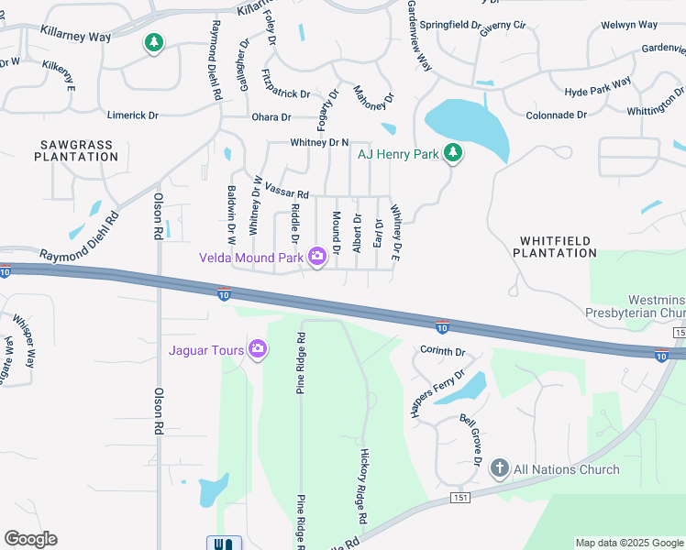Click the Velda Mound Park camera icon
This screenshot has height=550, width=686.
point(317,257)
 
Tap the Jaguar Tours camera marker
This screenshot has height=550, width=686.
point(258,349)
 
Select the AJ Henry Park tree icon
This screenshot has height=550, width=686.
point(452,153)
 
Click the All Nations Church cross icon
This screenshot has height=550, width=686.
point(500,469)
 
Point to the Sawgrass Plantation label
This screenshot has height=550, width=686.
point(77,150)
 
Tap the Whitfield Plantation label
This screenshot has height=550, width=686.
point(558,246)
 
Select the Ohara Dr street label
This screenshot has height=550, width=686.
point(271,117)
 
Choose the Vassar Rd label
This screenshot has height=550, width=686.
point(287,191)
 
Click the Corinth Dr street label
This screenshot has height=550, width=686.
point(444,351)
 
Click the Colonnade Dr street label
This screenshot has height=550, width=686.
point(556,115)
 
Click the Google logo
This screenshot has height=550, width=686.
point(30,539)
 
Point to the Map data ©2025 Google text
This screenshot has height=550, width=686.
point(629,543)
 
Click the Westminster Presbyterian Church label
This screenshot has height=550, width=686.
point(655,306)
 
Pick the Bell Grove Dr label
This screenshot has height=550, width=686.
point(471,442)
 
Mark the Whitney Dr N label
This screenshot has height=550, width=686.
point(319,142)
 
